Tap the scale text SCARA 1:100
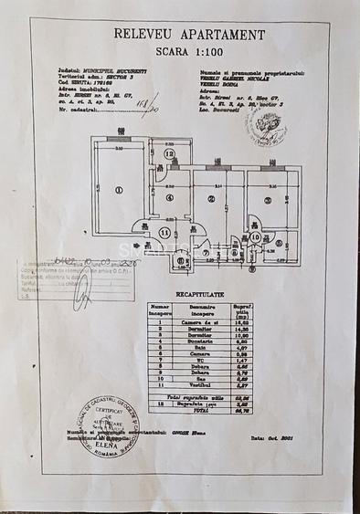pos(190,53)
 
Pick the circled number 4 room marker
pos(169,199)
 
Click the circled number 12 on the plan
pos(169,154)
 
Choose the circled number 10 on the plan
pos(255,238)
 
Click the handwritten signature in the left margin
pos(83,290)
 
